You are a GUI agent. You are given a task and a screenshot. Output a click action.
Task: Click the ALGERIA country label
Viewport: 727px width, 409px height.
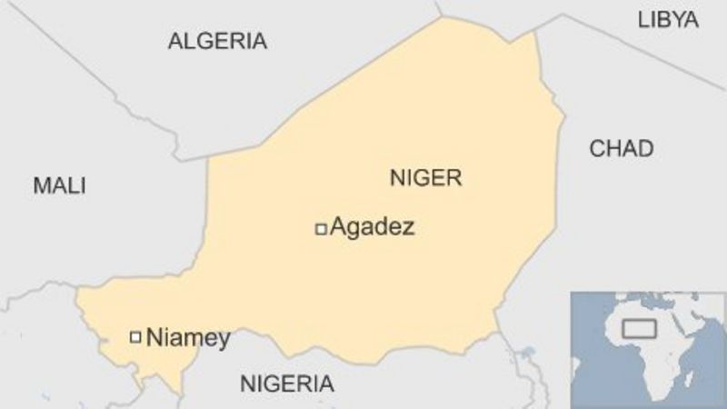click(217, 41)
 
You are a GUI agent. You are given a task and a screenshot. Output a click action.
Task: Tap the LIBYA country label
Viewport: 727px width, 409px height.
click(668, 19)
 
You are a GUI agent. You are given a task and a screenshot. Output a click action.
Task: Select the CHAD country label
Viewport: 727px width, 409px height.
click(622, 149)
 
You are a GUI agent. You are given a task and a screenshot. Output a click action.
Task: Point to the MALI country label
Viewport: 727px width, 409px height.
click(59, 186)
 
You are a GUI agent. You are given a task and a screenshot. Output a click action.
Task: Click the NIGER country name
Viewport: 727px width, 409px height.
click(425, 177)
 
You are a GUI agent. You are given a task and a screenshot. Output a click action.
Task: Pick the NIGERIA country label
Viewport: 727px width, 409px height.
click(286, 384)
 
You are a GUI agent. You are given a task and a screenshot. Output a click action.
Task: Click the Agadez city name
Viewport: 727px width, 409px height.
click(372, 227)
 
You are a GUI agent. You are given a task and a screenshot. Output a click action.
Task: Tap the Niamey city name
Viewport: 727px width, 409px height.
click(188, 338)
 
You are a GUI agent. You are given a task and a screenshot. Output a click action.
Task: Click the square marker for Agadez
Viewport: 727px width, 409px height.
click(320, 229)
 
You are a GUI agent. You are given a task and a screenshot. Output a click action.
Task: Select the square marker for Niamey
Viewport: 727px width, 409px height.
click(135, 337)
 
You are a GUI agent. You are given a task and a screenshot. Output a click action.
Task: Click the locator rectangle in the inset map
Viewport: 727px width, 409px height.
click(640, 328)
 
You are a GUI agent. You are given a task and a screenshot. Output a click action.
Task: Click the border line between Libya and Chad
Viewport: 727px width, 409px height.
click(636, 55)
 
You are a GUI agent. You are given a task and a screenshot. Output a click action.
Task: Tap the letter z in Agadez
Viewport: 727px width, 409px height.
click(407, 228)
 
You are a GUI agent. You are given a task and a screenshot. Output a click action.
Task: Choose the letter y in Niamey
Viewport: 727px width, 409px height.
click(223, 341)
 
